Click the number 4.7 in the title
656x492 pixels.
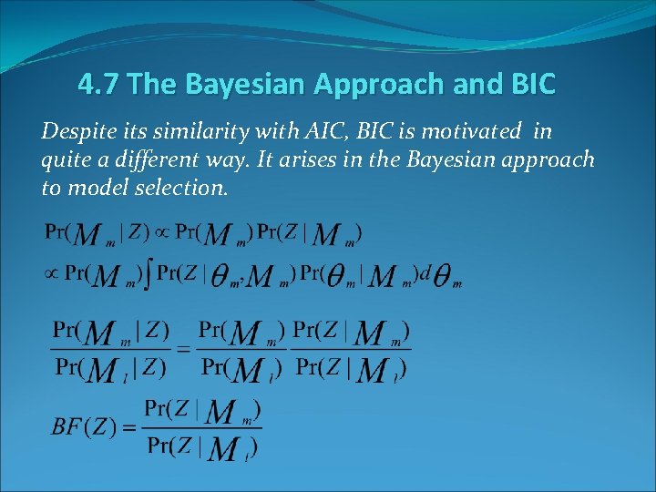click(x=98, y=85)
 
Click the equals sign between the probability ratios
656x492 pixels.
click(x=183, y=349)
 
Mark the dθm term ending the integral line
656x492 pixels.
click(x=443, y=276)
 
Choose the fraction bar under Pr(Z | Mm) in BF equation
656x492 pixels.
click(x=203, y=428)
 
